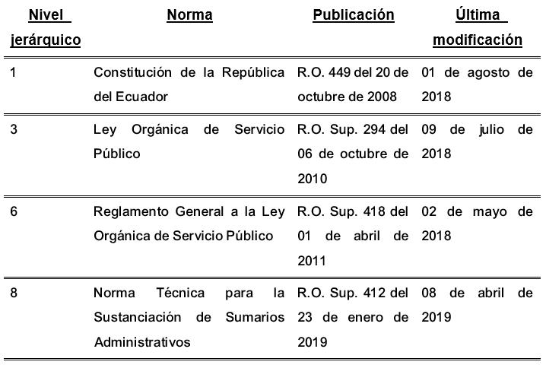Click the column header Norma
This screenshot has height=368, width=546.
pos(189,15)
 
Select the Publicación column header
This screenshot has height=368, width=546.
pos(354,15)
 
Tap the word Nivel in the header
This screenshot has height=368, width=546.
pos(45,15)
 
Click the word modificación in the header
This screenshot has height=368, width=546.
pos(478,40)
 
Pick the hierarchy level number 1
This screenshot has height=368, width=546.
pos(14,72)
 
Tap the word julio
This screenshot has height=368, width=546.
pos(491,129)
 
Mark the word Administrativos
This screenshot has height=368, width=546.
pos(143,342)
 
